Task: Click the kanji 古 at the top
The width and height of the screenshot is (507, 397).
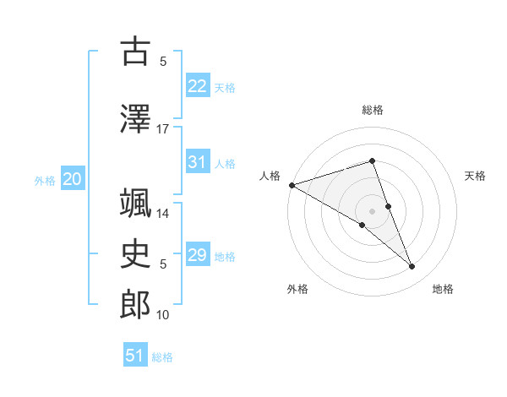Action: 135,52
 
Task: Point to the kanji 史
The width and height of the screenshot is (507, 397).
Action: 135,253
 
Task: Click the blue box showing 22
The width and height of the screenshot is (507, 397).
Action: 198,85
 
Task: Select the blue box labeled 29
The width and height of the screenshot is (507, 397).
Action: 198,255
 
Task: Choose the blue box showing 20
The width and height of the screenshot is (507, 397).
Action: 73,179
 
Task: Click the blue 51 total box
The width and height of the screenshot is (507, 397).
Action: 135,356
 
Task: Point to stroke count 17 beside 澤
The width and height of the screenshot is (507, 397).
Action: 163,129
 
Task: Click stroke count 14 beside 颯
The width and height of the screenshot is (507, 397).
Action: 163,214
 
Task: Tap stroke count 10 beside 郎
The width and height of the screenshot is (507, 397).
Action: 163,315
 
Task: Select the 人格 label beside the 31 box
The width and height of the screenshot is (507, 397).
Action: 225,163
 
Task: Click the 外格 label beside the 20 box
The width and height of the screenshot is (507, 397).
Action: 45,181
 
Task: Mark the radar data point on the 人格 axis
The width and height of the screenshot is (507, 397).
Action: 292,185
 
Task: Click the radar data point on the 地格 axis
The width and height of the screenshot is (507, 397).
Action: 412,267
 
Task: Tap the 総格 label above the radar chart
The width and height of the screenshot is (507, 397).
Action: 372,110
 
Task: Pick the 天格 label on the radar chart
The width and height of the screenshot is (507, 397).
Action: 476,176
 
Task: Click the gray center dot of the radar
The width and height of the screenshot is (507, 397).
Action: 372,210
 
